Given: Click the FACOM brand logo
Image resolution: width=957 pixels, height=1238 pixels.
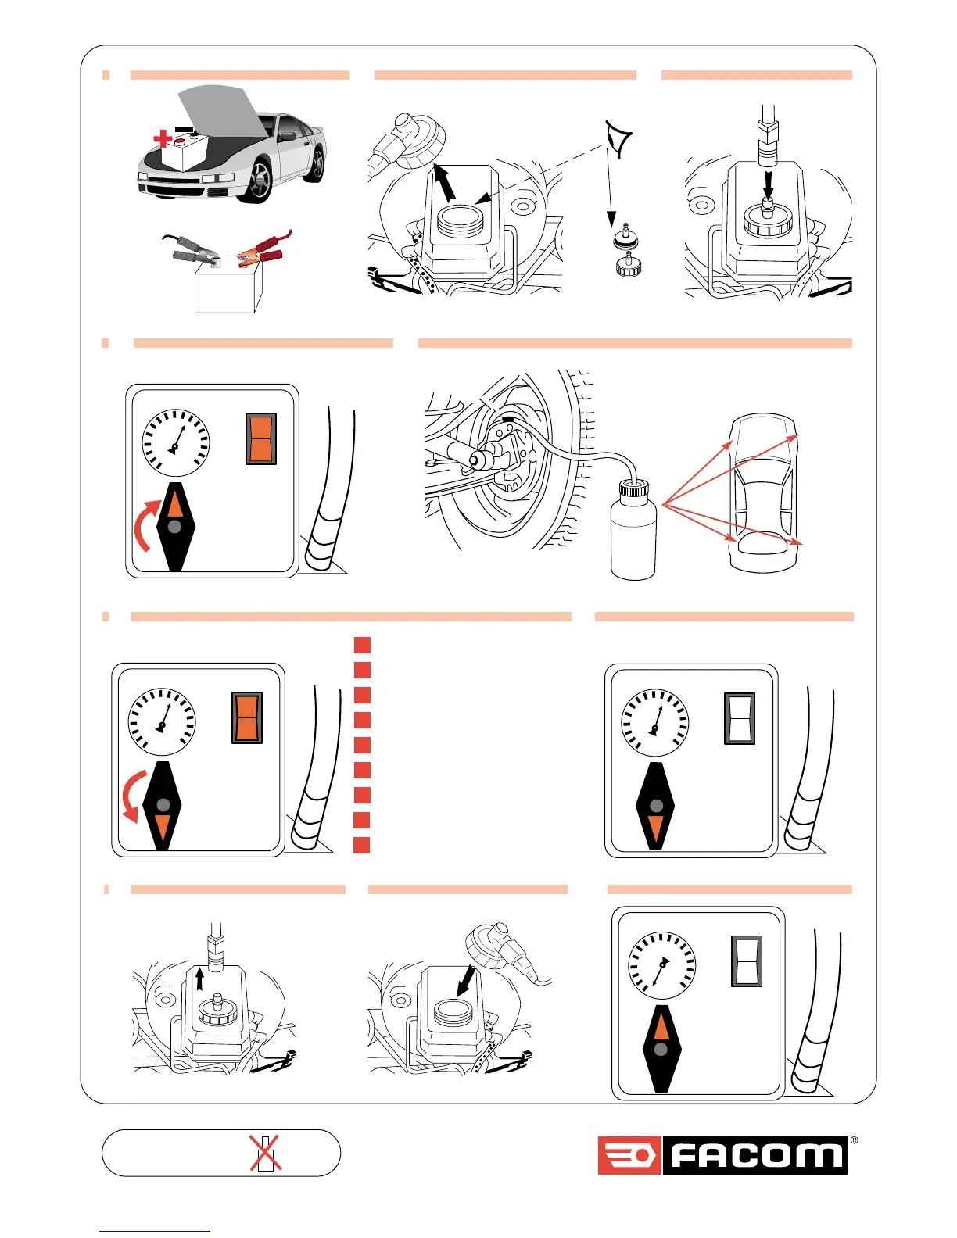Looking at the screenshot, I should pyautogui.click(x=722, y=1155).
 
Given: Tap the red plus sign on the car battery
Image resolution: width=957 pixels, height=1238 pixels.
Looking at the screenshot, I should pyautogui.click(x=162, y=140).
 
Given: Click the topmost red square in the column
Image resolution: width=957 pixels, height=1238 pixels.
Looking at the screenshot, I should pyautogui.click(x=361, y=645).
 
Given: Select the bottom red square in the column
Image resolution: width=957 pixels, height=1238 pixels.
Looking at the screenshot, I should pyautogui.click(x=361, y=845).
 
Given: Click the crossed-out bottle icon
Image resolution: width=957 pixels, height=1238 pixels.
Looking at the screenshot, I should pyautogui.click(x=266, y=1153).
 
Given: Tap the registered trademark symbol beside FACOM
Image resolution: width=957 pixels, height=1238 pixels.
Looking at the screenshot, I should pyautogui.click(x=853, y=1140).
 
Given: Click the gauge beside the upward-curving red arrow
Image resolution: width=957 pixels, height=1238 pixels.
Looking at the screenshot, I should pyautogui.click(x=176, y=442).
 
